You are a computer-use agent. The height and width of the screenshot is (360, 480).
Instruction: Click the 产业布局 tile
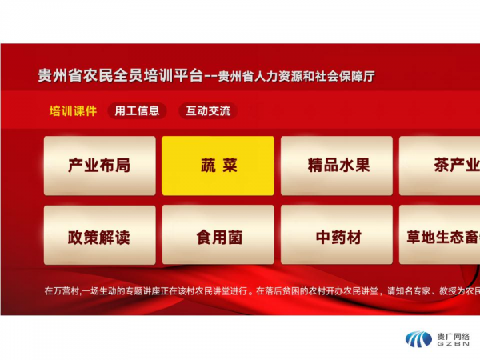100,166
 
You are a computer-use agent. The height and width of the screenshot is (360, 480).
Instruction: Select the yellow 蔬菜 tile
218,166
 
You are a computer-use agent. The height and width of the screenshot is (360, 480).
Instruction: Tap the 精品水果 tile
337,166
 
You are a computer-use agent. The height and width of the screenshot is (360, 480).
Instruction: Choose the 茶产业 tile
439,166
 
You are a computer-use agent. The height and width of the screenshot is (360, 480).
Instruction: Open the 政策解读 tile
100,234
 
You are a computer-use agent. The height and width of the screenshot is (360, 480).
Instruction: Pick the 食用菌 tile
218,234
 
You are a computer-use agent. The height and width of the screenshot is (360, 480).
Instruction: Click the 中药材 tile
337,234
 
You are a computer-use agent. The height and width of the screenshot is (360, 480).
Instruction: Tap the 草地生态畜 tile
439,234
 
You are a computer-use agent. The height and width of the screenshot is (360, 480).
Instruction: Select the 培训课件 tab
73,111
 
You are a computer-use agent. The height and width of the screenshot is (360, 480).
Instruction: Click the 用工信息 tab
137,111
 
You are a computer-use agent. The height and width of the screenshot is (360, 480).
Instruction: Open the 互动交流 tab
208,111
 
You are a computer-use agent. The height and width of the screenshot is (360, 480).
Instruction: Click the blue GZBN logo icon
418,339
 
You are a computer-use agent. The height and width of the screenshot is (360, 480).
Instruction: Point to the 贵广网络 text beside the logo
453,337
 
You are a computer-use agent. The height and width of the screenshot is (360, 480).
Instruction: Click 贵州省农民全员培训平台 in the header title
120,76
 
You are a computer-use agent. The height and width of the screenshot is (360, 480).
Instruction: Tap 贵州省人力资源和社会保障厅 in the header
296,76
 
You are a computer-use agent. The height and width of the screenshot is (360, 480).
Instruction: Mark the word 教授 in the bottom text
448,290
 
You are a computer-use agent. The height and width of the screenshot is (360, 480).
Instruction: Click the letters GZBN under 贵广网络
453,344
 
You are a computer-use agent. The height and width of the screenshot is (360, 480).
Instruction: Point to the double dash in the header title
210,77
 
